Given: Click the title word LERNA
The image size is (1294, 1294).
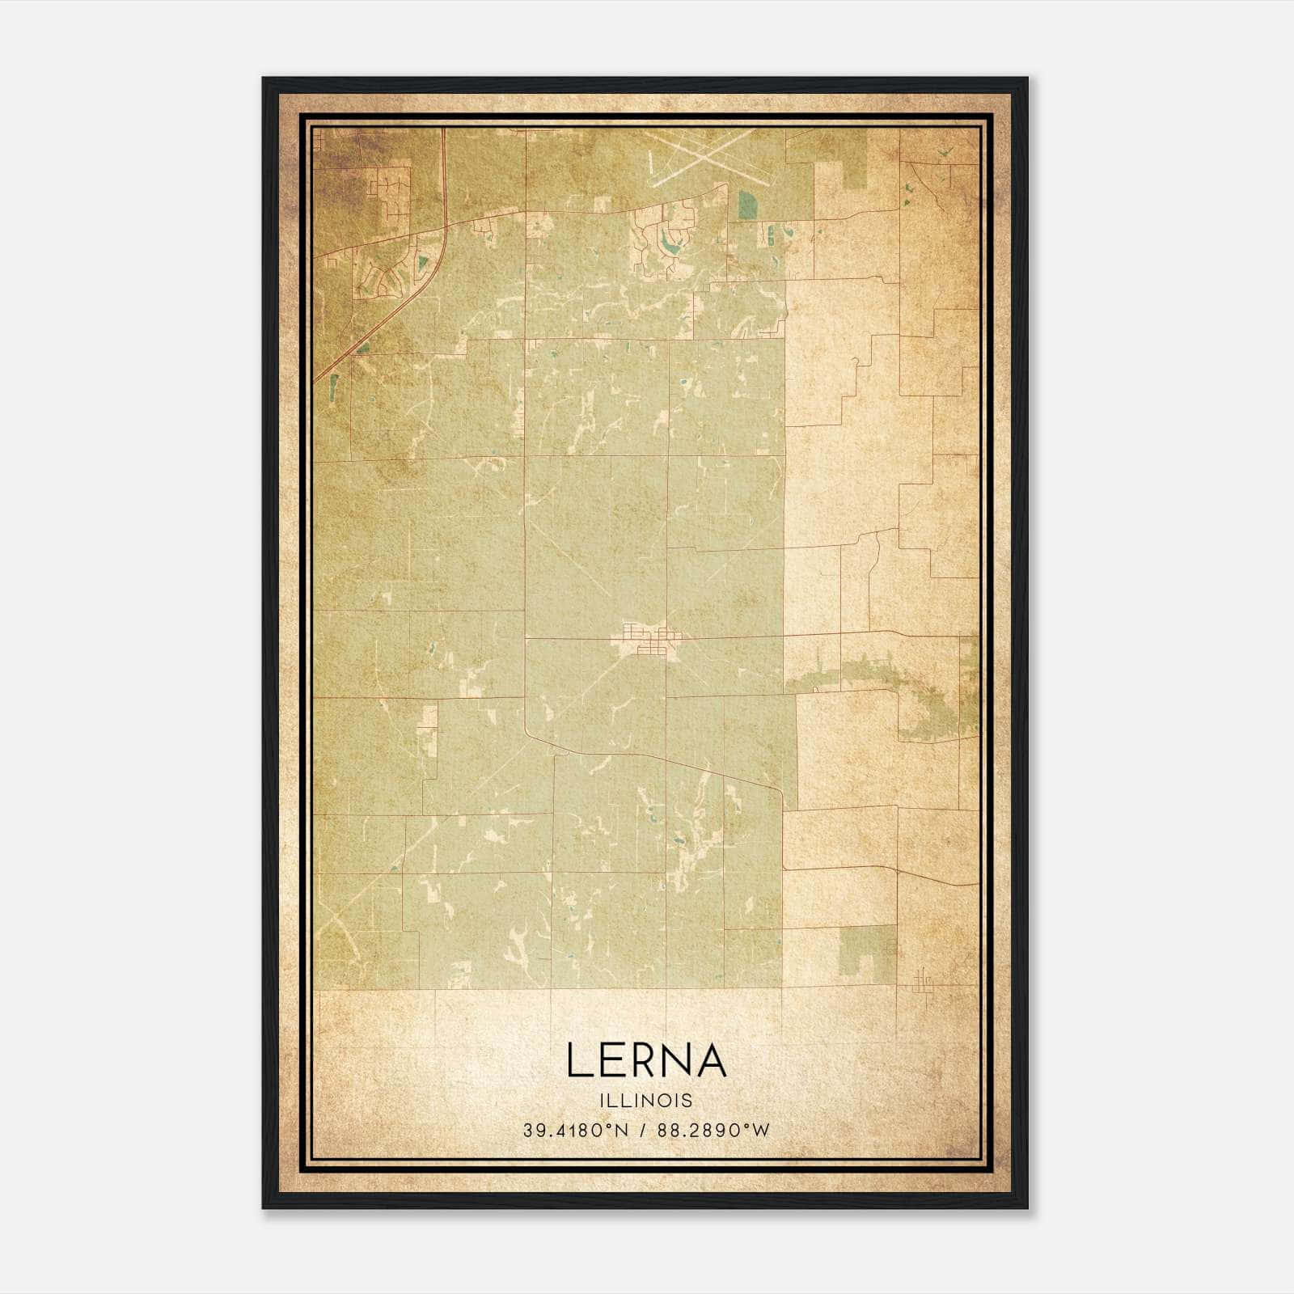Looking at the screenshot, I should click(646, 1060).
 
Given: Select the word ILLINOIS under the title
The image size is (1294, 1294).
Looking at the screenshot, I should click(646, 1101).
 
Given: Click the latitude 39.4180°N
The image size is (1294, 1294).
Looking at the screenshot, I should click(575, 1131).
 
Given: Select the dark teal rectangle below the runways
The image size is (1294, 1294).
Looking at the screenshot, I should click(745, 205).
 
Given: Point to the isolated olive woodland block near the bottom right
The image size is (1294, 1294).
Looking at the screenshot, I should click(867, 950).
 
